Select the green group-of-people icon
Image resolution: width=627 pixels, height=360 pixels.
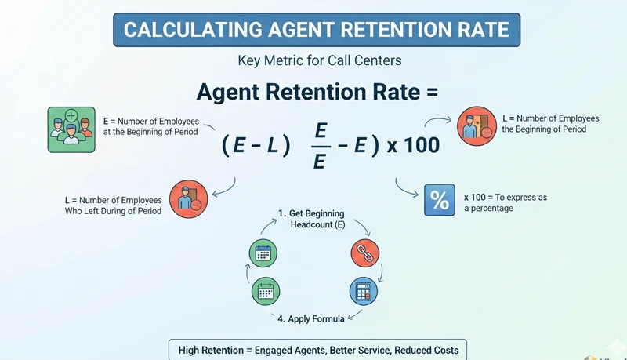click(x=71, y=129)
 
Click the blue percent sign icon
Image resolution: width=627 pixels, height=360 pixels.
click(x=440, y=200)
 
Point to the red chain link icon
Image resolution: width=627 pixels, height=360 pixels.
click(x=364, y=253)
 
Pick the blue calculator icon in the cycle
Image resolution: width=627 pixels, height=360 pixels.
click(x=363, y=291)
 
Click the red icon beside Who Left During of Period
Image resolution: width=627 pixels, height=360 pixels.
click(x=188, y=199)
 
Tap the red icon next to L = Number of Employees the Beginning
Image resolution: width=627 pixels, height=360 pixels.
click(x=477, y=126)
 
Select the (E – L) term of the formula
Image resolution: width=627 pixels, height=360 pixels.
click(x=256, y=145)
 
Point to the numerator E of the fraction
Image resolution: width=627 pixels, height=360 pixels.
click(x=321, y=130)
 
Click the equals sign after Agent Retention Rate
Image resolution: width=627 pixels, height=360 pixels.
click(x=429, y=92)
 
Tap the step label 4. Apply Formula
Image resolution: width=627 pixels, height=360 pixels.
click(x=312, y=318)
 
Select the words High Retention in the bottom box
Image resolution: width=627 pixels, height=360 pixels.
click(x=210, y=350)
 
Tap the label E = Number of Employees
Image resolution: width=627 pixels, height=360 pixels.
click(x=151, y=122)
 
